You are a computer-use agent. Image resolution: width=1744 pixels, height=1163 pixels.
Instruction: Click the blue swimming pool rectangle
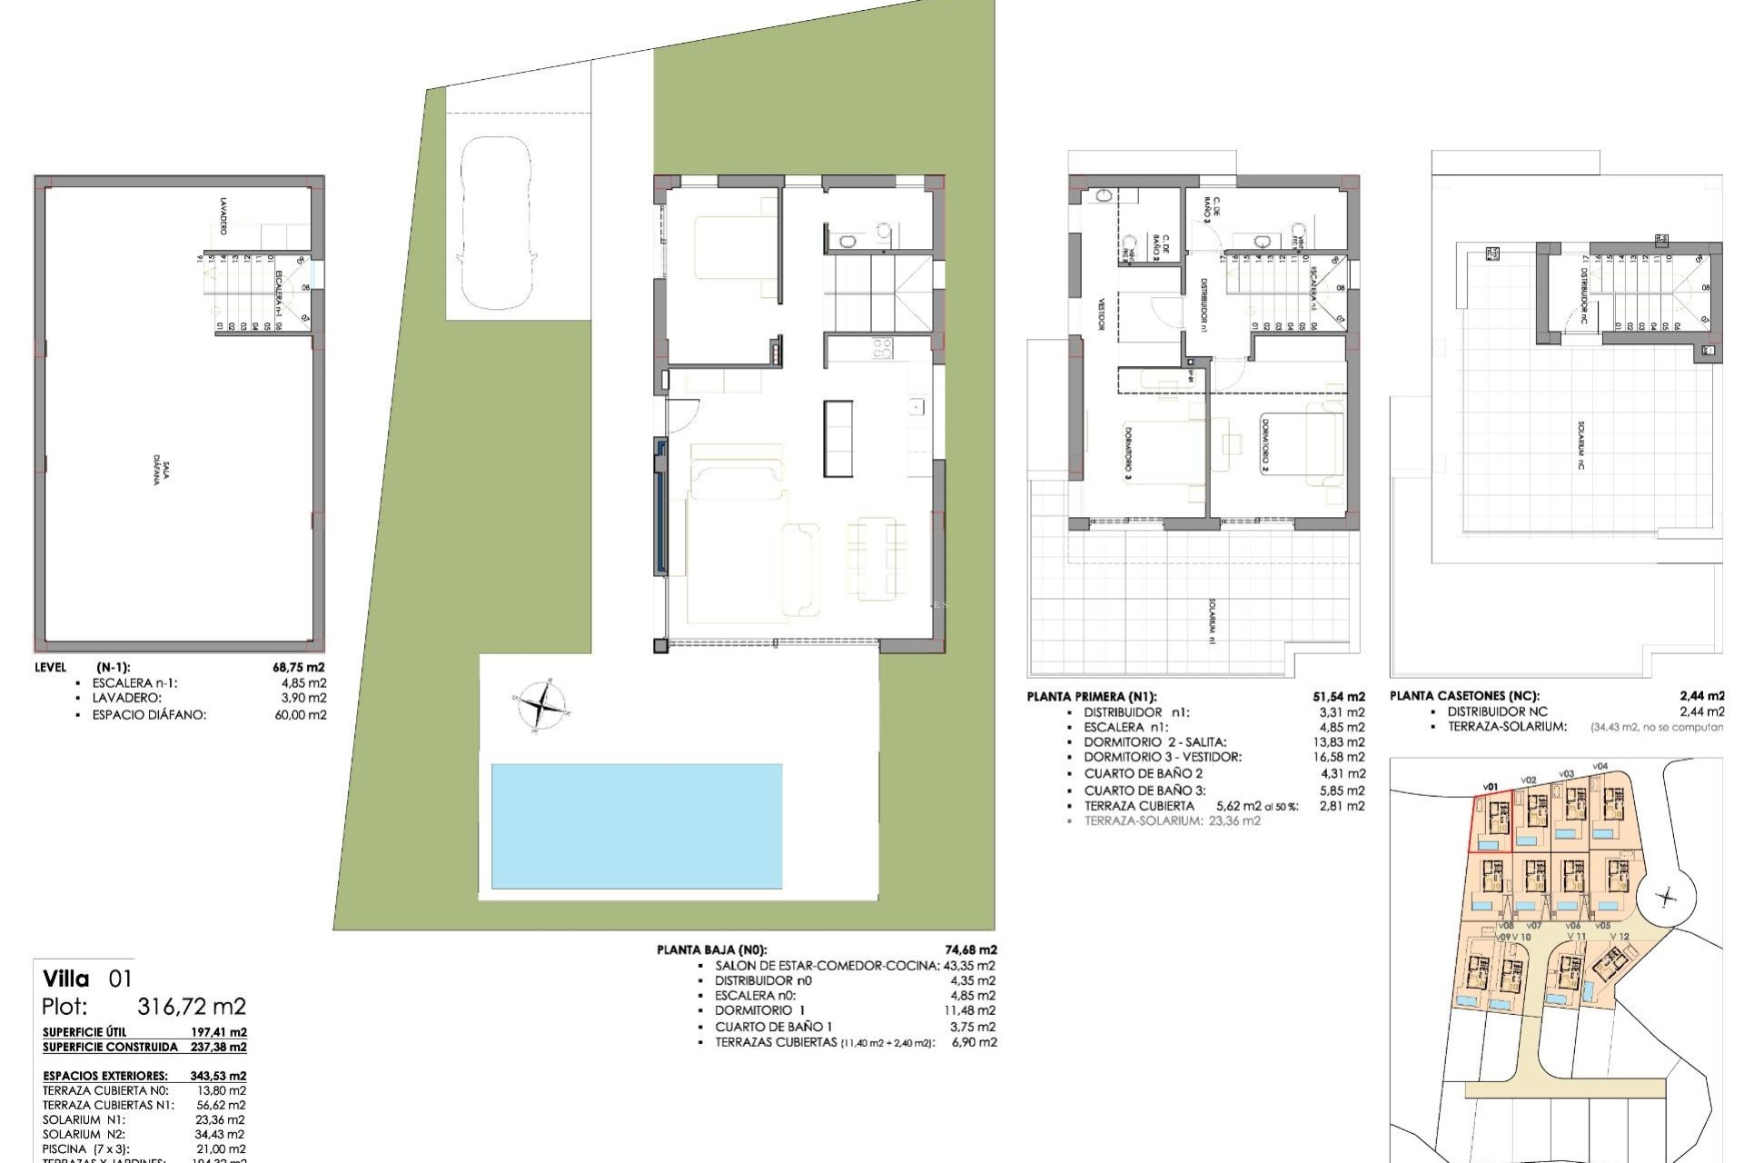(x=636, y=825)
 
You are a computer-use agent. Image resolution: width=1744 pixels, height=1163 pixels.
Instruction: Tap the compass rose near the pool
(x=541, y=705)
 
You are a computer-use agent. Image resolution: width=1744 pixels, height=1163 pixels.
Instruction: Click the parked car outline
(x=496, y=223)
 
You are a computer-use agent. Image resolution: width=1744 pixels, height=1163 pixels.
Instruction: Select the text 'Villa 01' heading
(x=87, y=979)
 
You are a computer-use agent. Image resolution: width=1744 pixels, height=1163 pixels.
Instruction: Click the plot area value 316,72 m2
(x=192, y=1007)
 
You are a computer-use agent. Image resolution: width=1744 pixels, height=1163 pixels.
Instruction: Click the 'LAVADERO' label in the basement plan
(x=223, y=215)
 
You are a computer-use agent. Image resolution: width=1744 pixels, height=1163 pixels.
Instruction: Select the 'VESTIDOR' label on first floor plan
(x=1101, y=314)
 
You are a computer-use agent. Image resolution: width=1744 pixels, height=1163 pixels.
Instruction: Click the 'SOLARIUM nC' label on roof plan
(x=1581, y=444)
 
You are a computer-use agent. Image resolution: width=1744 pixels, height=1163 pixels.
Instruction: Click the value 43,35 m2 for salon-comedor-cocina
(x=970, y=966)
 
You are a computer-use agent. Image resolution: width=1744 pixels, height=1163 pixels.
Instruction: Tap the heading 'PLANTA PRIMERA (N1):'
(x=1092, y=697)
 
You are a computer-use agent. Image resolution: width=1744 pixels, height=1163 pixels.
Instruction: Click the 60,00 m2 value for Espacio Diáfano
(x=302, y=715)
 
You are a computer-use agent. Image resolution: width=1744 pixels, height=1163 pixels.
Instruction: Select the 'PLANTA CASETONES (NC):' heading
(x=1464, y=696)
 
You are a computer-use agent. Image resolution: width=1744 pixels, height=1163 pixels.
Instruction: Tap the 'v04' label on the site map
(x=1600, y=766)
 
